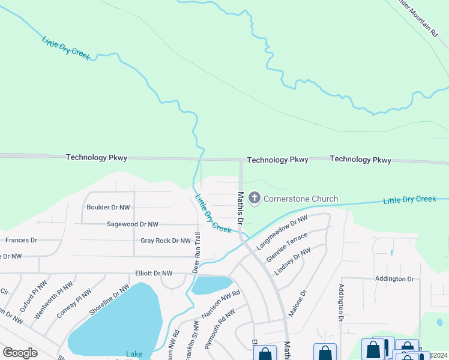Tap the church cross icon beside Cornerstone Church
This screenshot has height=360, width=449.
click(254, 199)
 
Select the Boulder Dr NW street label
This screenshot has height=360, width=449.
click(108, 208)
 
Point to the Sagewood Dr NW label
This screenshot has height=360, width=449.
click(132, 224)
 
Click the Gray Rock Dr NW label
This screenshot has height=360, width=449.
click(165, 241)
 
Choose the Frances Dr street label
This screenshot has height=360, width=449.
click(21, 240)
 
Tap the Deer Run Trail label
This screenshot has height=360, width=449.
click(196, 252)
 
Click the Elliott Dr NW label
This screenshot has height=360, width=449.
click(154, 274)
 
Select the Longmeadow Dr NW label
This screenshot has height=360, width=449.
click(282, 233)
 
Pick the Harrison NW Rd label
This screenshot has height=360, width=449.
click(221, 304)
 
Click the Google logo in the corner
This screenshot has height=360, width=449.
click(20, 352)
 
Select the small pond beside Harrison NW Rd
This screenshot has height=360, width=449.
click(211, 286)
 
